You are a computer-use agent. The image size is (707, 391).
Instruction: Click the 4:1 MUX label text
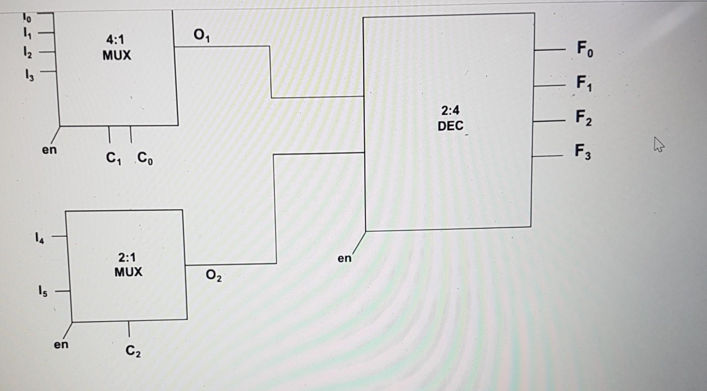116,47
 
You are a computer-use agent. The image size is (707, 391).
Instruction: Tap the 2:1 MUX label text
128,264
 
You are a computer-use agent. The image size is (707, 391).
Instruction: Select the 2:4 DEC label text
450,118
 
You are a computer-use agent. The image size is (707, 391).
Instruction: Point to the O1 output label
202,36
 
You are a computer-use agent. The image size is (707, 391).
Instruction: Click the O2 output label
214,275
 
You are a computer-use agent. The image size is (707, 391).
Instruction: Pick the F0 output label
585,49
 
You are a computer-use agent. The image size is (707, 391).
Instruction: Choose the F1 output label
584,83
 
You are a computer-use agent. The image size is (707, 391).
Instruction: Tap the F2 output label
584,118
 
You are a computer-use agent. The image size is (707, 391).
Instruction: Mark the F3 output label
583,152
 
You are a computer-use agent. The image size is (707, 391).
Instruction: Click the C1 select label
113,158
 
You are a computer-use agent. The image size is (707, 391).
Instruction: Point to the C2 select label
133,351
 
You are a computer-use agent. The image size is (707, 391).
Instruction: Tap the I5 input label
43,292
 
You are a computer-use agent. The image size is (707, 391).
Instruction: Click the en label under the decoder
344,258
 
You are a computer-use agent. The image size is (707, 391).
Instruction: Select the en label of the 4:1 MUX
49,150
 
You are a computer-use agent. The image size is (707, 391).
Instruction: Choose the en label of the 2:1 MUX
61,344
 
